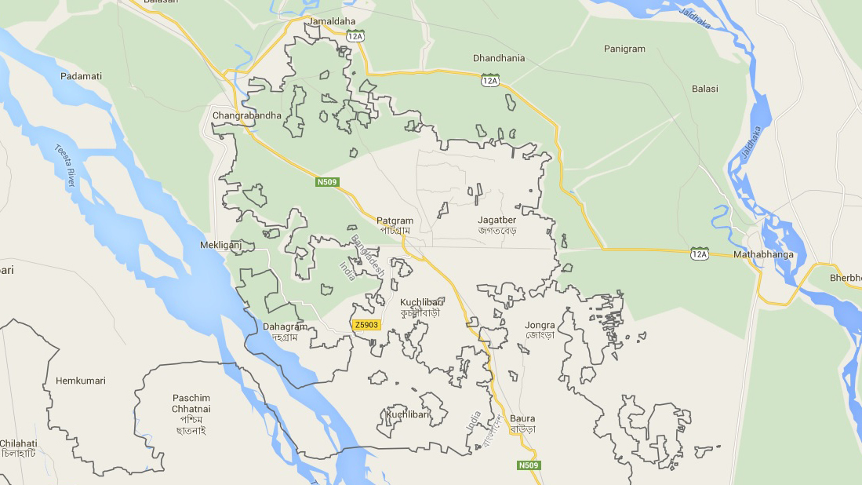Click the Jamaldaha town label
[x=332, y=20]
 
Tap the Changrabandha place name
[x=246, y=115]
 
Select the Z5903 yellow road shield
[x=366, y=324]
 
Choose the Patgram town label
[x=395, y=221]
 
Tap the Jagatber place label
[x=497, y=221]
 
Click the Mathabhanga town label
[x=763, y=254]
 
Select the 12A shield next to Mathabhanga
[x=699, y=253]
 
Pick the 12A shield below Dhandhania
[x=490, y=80]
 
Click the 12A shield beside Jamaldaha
[x=355, y=36]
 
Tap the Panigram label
[x=624, y=49]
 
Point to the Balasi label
[x=704, y=89]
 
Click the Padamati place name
[x=82, y=76]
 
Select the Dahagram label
[x=285, y=326]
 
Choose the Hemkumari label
[x=80, y=381]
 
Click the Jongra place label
[x=540, y=325]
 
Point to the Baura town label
[x=522, y=418]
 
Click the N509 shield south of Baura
[x=529, y=465]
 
